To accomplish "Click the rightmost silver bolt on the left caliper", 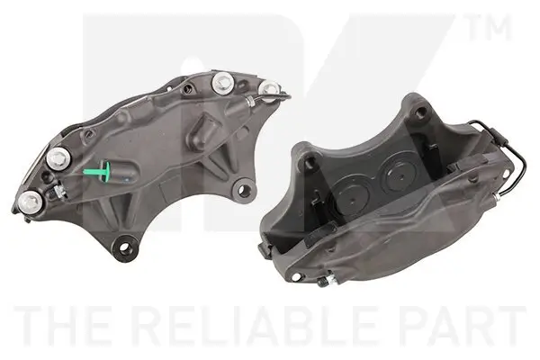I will pyautogui.click(x=269, y=87).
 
